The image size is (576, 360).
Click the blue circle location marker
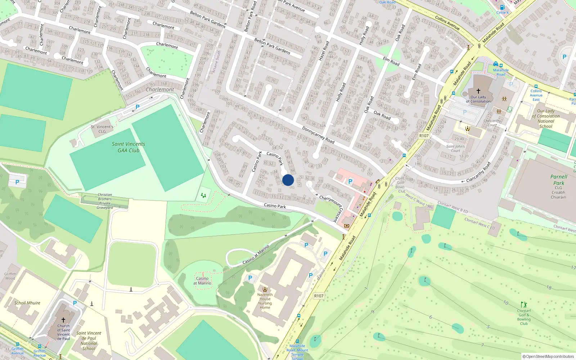tap(288, 180)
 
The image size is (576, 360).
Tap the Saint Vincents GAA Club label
tap(129, 147)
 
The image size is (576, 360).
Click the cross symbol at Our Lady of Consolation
tap(478, 91)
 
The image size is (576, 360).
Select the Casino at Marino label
tap(202, 280)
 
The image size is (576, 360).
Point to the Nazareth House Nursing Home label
tap(265, 301)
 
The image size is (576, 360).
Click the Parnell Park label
tap(559, 180)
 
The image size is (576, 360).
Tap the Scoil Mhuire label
tap(27, 303)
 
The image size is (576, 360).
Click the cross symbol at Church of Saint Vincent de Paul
tap(63, 320)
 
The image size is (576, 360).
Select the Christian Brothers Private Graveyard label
tap(105, 201)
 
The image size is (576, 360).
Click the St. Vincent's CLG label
tap(102, 129)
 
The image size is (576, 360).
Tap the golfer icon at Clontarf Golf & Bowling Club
tap(524, 305)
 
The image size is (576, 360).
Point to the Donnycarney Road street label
tap(318, 135)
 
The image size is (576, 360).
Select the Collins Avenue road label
tap(447, 22)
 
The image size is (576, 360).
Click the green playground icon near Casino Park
tap(204, 195)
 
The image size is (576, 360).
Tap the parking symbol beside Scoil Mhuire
tap(75, 303)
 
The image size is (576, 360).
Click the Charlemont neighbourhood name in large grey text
tap(160, 89)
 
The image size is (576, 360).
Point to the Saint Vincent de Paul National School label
tap(89, 341)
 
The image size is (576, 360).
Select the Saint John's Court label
tap(455, 148)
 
